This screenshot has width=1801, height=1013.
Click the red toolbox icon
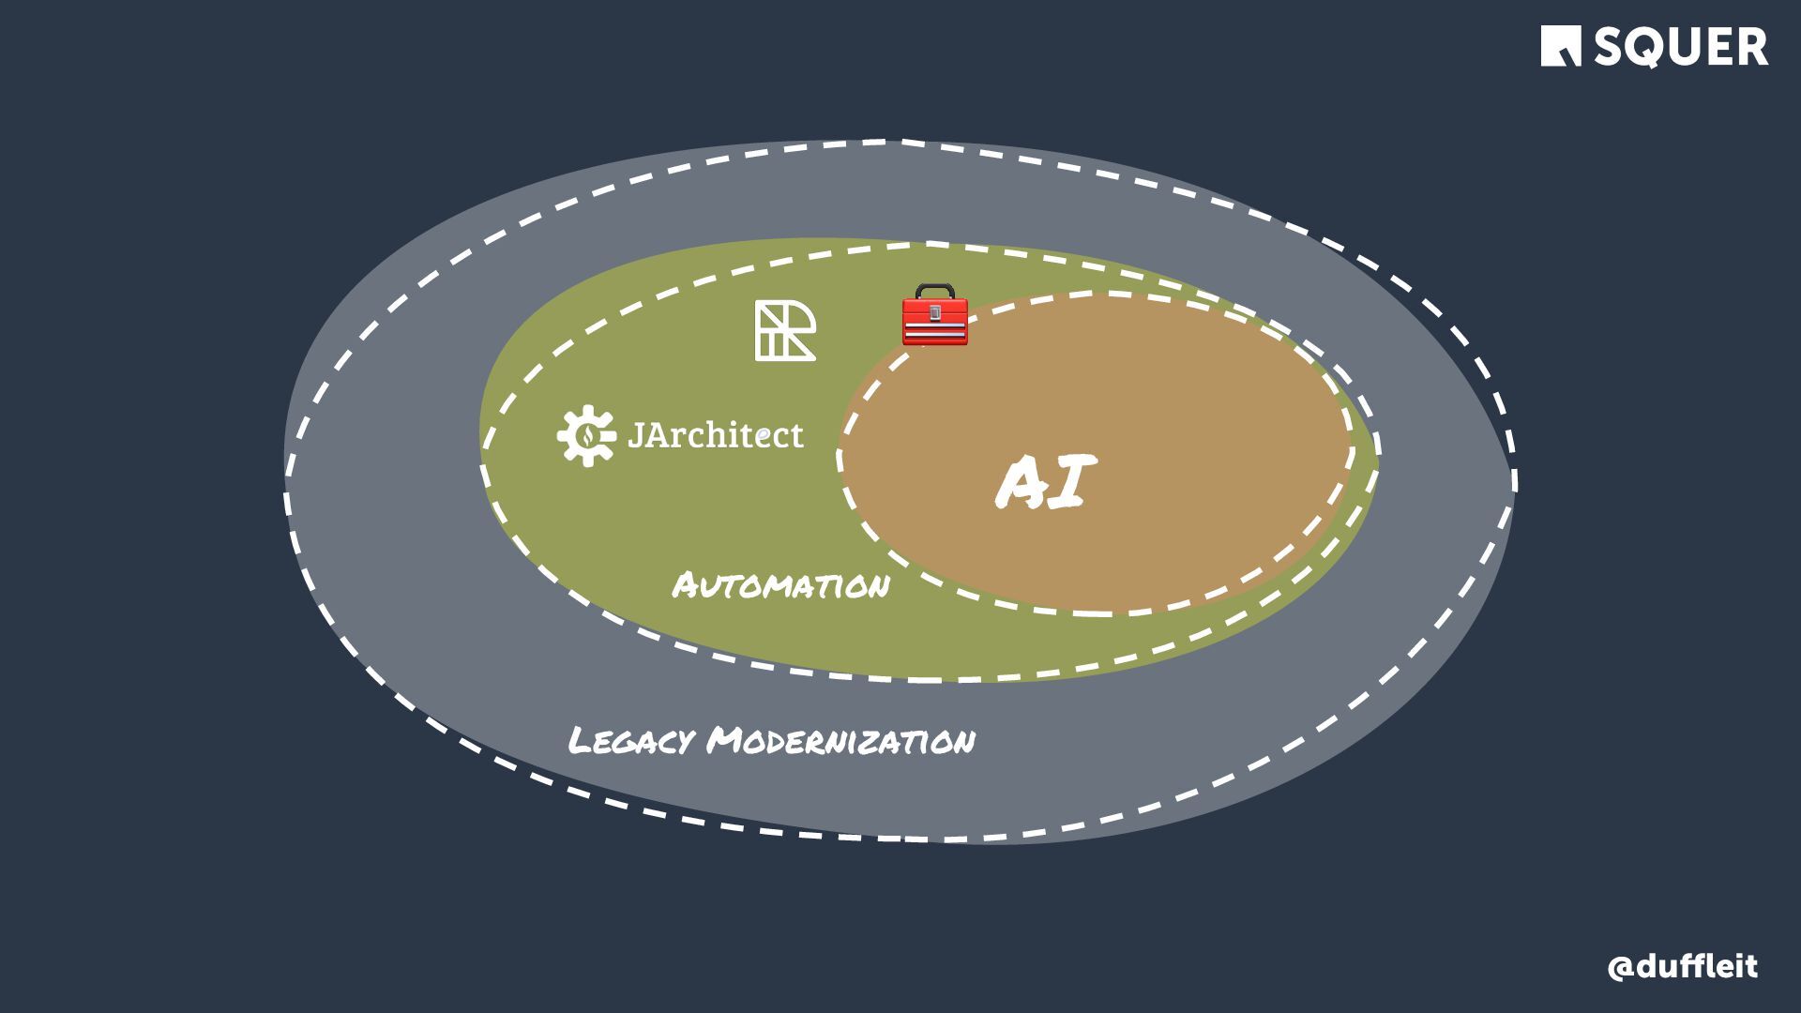[934, 316]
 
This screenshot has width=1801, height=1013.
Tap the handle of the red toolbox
[934, 289]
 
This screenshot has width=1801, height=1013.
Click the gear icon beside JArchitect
[586, 435]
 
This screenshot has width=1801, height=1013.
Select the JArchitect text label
[715, 435]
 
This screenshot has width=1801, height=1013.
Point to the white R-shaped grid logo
[785, 331]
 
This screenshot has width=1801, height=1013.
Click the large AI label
[1045, 482]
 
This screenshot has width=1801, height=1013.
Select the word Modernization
[841, 741]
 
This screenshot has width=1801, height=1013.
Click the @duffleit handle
[1682, 967]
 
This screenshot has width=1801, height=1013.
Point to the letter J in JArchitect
[635, 435]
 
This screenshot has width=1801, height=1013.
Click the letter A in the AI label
[1022, 484]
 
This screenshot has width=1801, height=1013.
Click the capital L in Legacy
[579, 741]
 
